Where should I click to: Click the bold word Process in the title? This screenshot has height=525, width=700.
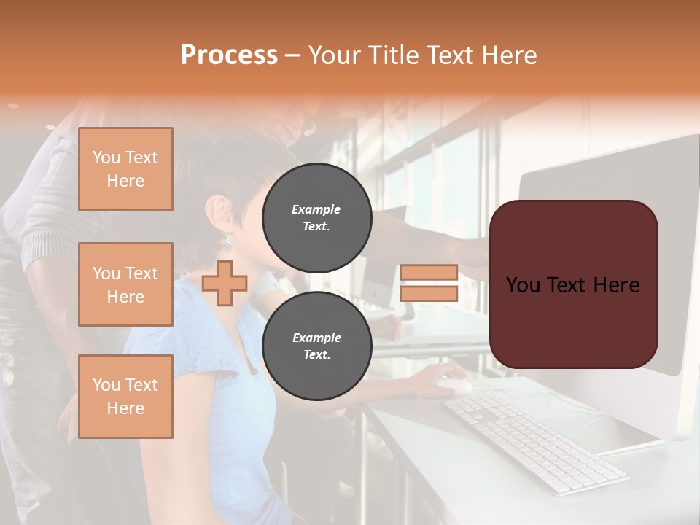click(x=229, y=55)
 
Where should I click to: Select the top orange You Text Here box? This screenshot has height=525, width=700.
click(x=125, y=169)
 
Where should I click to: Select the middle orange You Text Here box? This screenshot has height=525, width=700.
click(x=125, y=284)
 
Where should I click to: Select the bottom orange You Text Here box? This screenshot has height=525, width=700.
click(x=125, y=397)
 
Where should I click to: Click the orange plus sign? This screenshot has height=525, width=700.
click(x=225, y=283)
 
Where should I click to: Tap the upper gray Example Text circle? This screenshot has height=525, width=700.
click(x=317, y=218)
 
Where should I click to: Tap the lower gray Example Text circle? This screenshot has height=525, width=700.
click(x=317, y=346)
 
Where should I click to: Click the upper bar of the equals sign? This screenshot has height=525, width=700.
click(x=429, y=272)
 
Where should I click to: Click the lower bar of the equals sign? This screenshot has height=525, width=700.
click(x=429, y=293)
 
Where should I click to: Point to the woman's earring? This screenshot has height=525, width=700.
click(x=227, y=238)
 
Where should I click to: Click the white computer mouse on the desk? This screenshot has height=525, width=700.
click(x=454, y=386)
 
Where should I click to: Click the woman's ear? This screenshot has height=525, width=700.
click(x=218, y=211)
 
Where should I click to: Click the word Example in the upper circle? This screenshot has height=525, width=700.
click(x=316, y=209)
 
